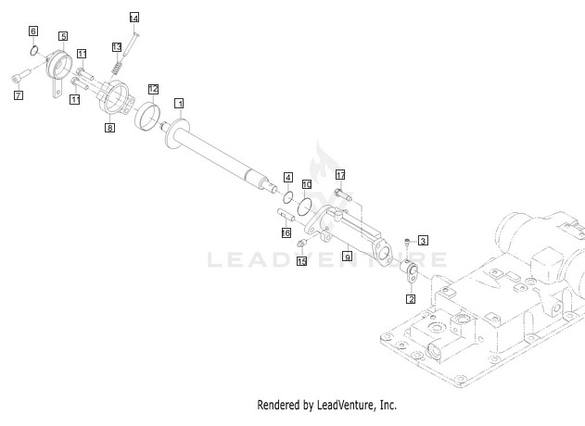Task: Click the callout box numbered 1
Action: [x=179, y=103]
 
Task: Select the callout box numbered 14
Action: [x=134, y=18]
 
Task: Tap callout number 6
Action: [x=33, y=31]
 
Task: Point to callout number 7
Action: [x=18, y=95]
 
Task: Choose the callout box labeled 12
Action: [x=153, y=89]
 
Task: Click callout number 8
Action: [x=109, y=128]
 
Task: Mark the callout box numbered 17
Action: [x=340, y=175]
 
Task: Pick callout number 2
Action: [x=411, y=299]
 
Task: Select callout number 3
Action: [x=423, y=241]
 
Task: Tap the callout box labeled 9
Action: [x=348, y=256]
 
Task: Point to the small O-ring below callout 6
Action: [x=34, y=50]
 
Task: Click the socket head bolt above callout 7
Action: [x=20, y=76]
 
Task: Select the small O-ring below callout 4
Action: [x=288, y=197]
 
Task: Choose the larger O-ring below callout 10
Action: [x=304, y=207]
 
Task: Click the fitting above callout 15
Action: [x=301, y=244]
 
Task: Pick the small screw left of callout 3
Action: [x=407, y=242]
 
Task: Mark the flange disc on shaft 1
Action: [x=176, y=132]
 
